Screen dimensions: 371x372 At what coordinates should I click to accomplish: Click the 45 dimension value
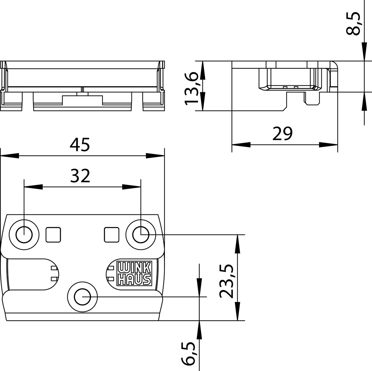click(80, 144)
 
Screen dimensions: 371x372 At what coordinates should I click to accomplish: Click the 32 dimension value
click(80, 176)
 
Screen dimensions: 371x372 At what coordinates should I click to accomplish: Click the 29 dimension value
click(283, 134)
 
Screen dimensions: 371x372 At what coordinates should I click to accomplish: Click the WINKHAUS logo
click(134, 273)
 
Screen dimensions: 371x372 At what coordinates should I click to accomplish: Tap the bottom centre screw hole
click(82, 297)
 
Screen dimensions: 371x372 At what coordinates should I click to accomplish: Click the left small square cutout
click(53, 235)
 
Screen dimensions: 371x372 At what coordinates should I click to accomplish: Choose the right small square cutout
click(112, 235)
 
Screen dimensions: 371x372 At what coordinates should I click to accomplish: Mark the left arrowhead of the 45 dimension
click(9, 155)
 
